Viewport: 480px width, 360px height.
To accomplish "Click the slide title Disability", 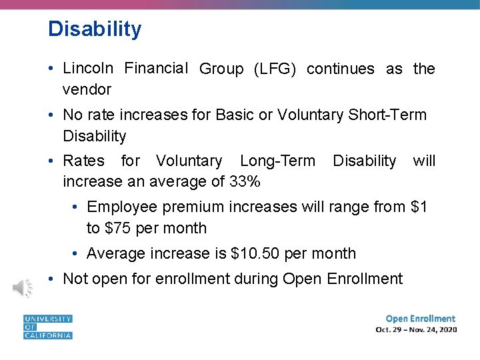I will (95, 29).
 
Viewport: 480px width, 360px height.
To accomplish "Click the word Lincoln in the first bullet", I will (88, 69).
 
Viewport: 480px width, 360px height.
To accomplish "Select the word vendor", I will (87, 89).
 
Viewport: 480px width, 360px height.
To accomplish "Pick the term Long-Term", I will (277, 161).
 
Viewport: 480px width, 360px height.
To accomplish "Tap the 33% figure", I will (244, 182).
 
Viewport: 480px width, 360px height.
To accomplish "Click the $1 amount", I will (419, 207).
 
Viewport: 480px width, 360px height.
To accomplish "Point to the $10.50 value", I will (255, 254).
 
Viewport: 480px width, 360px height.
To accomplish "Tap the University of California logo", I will (47, 327).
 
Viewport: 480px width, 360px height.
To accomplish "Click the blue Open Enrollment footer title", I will (420, 319).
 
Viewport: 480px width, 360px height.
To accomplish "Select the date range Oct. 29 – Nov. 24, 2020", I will (416, 330).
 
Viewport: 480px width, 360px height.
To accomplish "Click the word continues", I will (340, 69).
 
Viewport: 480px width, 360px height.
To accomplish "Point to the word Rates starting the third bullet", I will (83, 161).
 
